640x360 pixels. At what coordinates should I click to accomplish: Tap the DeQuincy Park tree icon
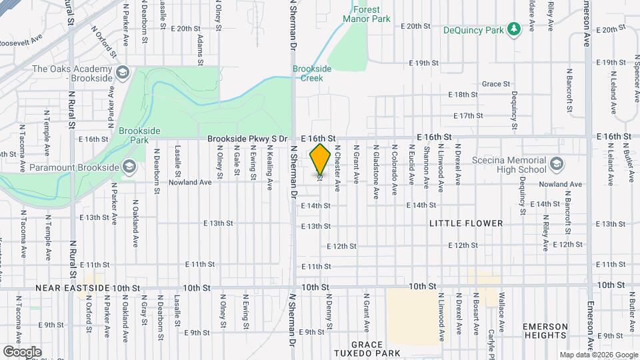513,29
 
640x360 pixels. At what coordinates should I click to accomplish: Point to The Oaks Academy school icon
122,72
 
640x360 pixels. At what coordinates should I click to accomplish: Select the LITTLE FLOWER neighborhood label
466,223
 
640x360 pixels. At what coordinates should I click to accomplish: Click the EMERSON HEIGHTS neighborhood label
545,331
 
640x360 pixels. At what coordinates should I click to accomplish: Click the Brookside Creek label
307,73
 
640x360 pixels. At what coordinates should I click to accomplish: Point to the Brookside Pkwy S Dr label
247,139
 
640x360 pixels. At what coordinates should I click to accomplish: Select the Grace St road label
496,84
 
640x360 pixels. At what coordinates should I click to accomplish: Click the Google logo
21,351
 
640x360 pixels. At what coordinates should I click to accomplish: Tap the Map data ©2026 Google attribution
598,355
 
